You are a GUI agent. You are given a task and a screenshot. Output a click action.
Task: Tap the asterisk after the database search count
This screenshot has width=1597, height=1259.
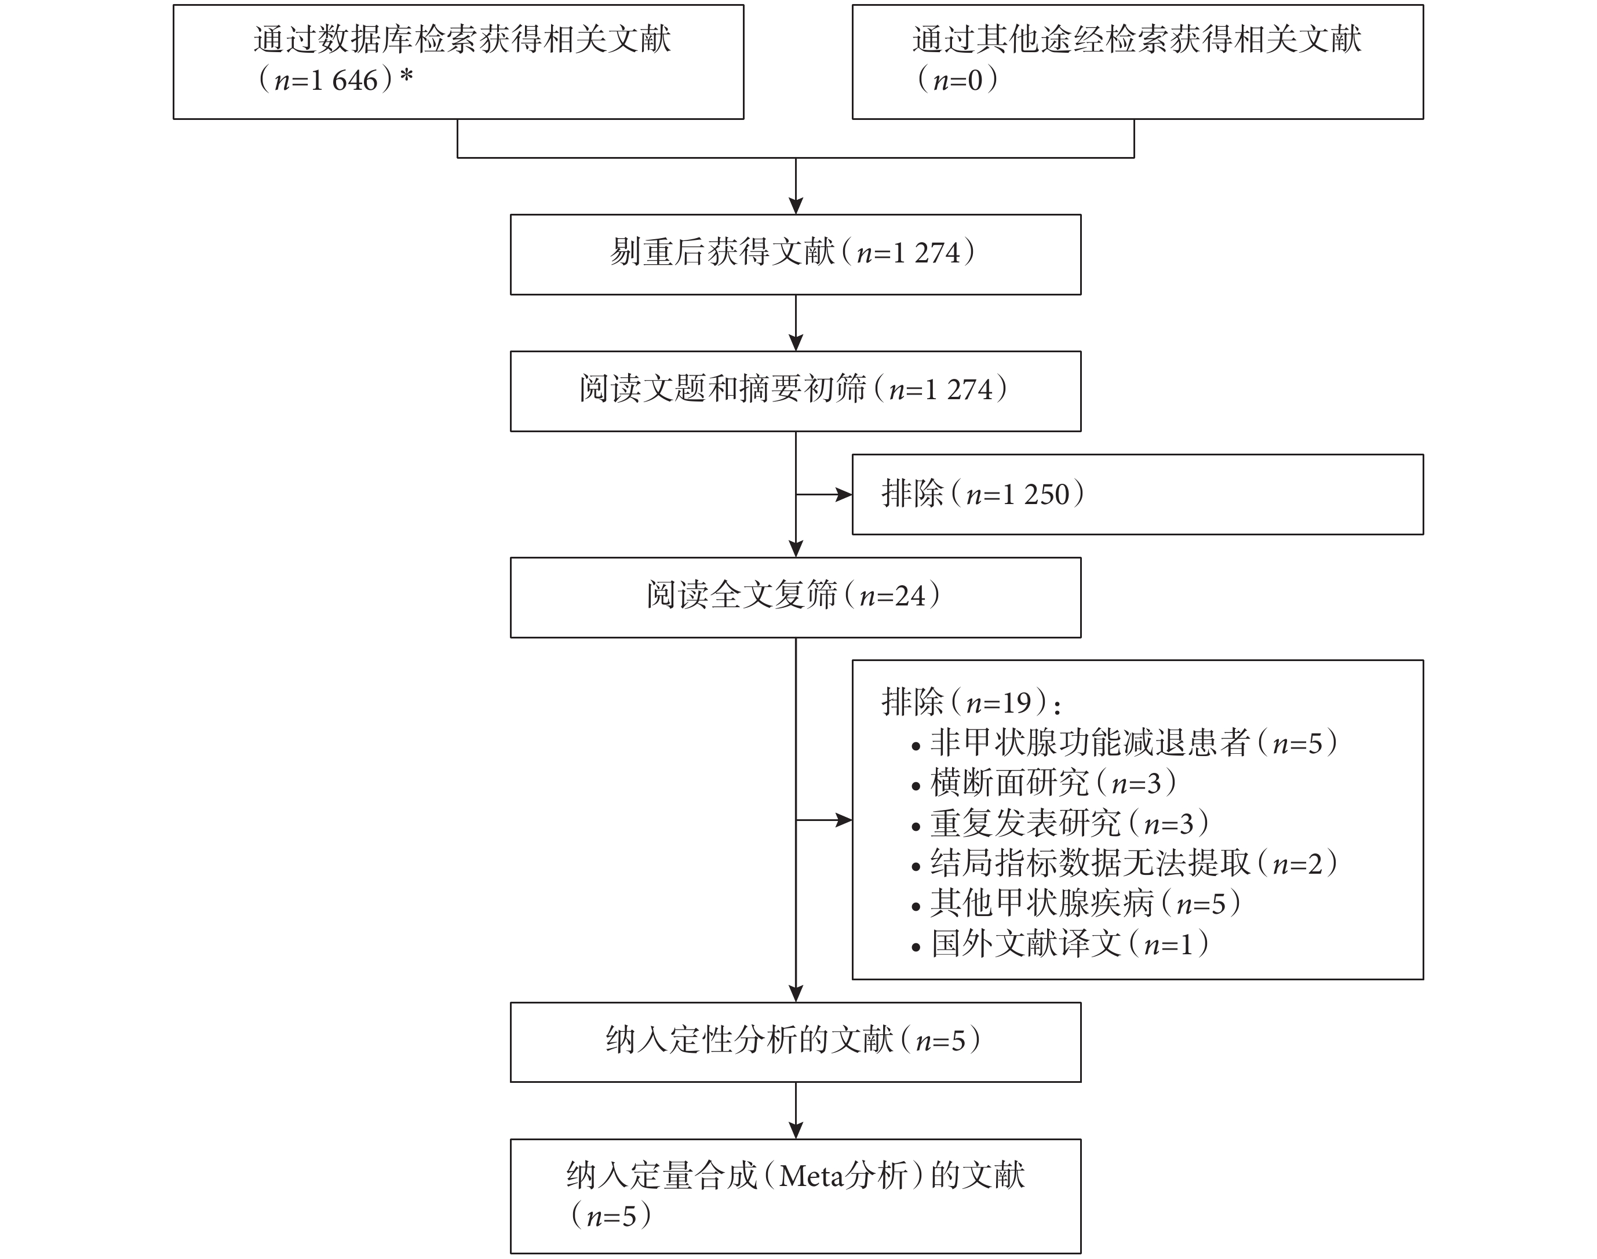pyautogui.click(x=406, y=76)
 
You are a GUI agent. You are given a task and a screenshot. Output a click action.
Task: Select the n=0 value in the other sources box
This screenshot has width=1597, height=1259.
pyautogui.click(x=958, y=79)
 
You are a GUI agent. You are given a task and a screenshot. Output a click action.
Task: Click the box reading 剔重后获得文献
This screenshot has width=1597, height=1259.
pyautogui.click(x=796, y=254)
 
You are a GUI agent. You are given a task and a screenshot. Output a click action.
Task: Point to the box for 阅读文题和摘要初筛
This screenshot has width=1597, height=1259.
pyautogui.click(x=796, y=392)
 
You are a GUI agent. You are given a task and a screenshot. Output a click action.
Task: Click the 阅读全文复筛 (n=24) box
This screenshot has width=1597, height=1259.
pyautogui.click(x=796, y=597)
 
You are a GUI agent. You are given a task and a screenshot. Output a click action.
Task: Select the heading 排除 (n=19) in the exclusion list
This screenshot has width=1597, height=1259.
pyautogui.click(x=972, y=702)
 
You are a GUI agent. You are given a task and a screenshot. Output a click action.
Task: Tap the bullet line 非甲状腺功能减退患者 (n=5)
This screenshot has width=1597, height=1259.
pyautogui.click(x=1124, y=742)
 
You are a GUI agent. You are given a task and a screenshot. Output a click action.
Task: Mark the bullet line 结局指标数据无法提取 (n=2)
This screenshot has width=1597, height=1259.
pyautogui.click(x=1124, y=863)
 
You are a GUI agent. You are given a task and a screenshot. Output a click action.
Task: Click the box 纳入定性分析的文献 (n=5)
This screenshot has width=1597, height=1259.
pyautogui.click(x=796, y=1042)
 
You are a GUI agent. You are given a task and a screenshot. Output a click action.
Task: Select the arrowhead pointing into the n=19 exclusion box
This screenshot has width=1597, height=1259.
pyautogui.click(x=844, y=820)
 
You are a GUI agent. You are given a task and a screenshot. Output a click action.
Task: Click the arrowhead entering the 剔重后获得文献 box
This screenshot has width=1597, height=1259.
pyautogui.click(x=796, y=206)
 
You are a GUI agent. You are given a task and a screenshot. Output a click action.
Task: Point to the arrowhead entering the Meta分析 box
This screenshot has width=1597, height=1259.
pyautogui.click(x=796, y=1130)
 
